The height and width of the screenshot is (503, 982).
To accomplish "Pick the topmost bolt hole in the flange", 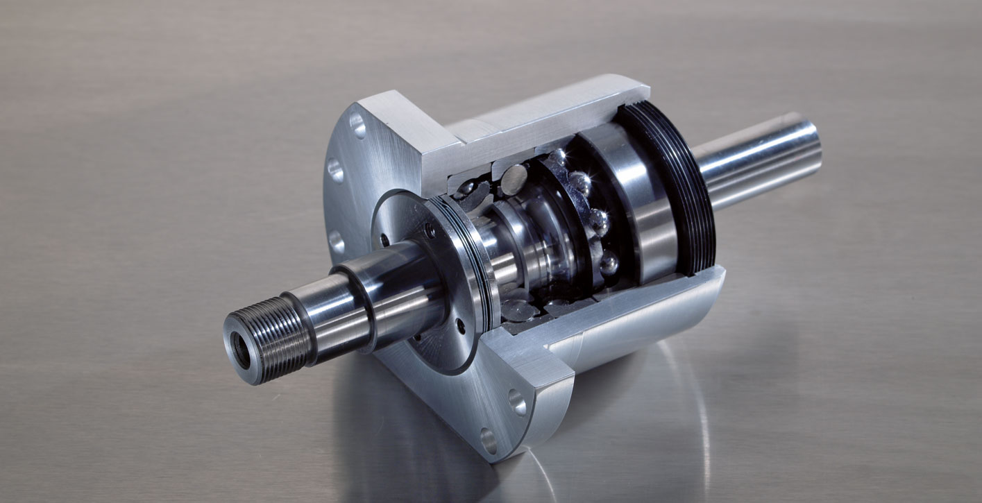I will (357, 126).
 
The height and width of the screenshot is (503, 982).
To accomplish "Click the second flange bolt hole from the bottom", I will (517, 402).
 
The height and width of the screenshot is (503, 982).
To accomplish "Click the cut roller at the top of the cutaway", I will (514, 179).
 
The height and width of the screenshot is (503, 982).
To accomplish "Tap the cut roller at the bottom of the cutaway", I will (517, 309).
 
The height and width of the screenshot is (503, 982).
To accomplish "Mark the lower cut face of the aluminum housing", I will (625, 305).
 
